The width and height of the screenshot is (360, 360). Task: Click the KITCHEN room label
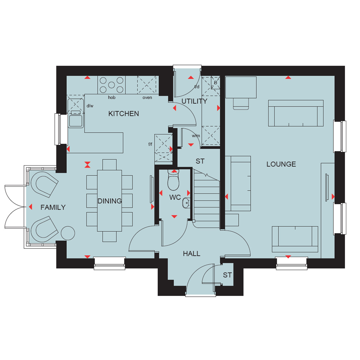[123, 114]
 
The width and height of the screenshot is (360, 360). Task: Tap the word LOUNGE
[281, 164]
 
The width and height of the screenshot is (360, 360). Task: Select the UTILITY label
[194, 101]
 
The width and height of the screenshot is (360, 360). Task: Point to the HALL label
[192, 254]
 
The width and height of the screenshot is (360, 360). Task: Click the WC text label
[175, 197]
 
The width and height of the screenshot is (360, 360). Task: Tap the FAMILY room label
[53, 207]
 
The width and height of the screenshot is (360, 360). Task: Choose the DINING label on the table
[110, 201]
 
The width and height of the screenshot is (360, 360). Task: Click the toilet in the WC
[173, 180]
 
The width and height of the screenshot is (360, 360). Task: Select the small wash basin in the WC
[186, 203]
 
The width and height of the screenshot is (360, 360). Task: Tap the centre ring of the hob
[111, 85]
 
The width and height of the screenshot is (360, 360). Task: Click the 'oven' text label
[147, 98]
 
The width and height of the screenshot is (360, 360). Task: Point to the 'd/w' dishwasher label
[90, 106]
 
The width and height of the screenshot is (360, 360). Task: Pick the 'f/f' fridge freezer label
[150, 144]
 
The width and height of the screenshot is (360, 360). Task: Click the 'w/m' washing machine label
[196, 136]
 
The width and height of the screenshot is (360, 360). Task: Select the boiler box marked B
[216, 83]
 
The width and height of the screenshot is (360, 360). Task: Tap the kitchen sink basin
[76, 121]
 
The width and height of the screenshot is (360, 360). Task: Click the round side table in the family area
[68, 233]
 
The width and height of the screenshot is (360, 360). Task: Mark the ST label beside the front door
[227, 275]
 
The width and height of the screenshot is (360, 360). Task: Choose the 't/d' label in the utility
[197, 86]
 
